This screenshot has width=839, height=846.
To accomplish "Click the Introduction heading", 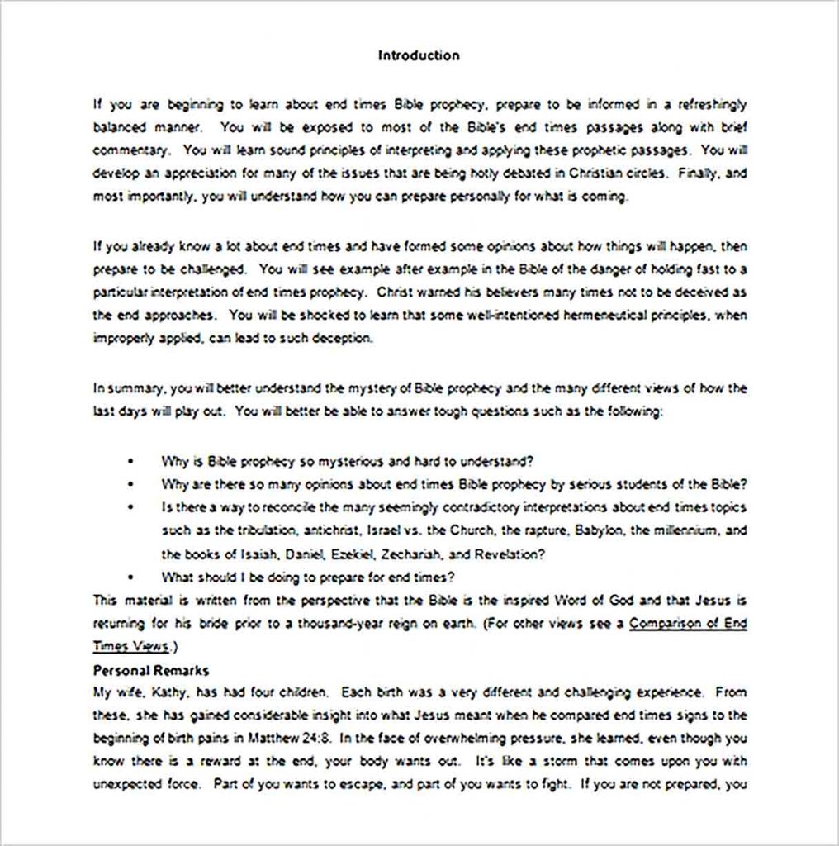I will (419, 56).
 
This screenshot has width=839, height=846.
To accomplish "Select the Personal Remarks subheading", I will (150, 670).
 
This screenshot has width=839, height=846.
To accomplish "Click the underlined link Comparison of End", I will (688, 624).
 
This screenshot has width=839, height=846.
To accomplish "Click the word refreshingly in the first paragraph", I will (712, 104).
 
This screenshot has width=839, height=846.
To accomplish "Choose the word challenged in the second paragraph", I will (215, 269).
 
